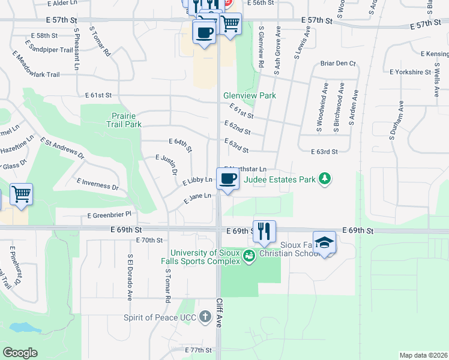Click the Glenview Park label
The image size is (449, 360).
249,95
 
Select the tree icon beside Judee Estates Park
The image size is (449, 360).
325,179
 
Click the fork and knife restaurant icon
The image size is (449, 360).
264,230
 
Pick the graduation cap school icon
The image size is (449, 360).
324,242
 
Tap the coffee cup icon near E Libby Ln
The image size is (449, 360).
228,179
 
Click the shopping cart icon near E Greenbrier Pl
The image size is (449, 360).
21,194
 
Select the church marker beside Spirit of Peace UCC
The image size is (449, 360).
206,318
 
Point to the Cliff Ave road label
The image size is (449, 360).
218,313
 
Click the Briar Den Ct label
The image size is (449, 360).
338,63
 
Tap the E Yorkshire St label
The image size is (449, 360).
410,72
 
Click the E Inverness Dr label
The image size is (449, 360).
98,184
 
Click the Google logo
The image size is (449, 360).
20,353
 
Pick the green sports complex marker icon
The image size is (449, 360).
249,256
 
